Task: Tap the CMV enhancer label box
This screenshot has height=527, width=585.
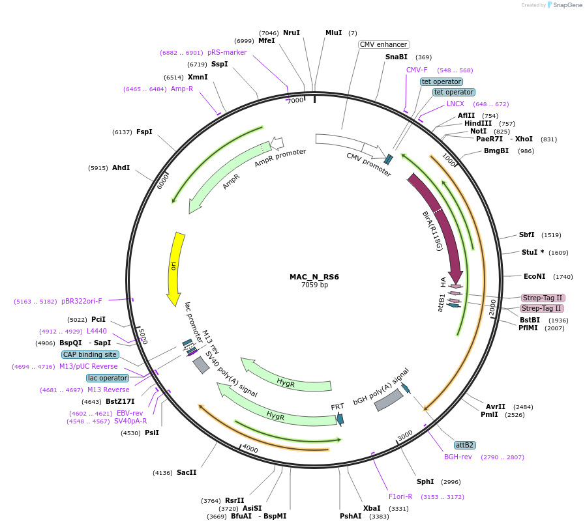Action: [x=384, y=45]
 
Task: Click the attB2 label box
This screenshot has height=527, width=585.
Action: [x=465, y=445]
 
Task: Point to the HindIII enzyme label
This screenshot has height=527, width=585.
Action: [x=478, y=123]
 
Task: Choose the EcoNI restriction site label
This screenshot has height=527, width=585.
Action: [x=535, y=276]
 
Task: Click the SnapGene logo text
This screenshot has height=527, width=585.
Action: [x=565, y=5]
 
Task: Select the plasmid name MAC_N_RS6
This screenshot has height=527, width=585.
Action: [x=314, y=277]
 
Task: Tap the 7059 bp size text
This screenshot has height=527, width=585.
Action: [x=314, y=285]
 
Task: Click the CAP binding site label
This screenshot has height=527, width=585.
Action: [x=91, y=355]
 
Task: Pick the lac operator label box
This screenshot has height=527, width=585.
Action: [x=108, y=378]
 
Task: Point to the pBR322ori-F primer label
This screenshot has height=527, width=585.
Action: [x=82, y=301]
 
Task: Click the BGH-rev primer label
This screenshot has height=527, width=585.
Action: [x=458, y=457]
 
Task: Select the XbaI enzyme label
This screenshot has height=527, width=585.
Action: [x=372, y=508]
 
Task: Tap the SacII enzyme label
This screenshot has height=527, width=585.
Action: [x=187, y=472]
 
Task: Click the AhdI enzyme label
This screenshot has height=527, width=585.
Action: [x=121, y=167]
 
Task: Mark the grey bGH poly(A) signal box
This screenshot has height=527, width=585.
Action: [x=389, y=399]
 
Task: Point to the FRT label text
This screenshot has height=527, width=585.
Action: [x=337, y=407]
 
